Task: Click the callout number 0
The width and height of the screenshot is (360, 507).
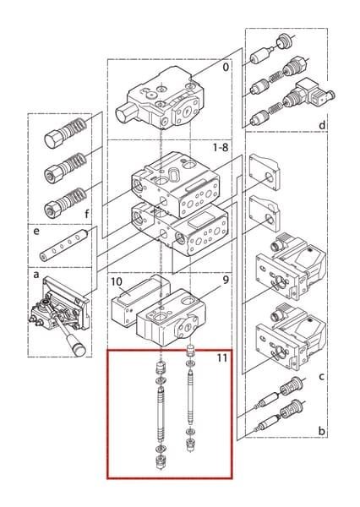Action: coord(226,68)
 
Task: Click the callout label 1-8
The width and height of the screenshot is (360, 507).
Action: coord(221,148)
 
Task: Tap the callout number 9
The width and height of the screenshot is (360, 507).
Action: coord(226,280)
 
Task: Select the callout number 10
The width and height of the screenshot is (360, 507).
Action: coord(116,281)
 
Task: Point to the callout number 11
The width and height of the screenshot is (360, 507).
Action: coord(222,358)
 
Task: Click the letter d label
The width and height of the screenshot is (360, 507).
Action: coord(322,125)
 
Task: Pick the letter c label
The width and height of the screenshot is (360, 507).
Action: coord(321,377)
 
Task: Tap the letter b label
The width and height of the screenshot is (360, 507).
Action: coord(321,431)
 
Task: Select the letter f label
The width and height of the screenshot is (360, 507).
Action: coord(87,214)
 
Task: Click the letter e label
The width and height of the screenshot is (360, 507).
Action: coord(36,232)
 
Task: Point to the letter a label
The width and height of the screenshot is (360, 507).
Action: coord(35,275)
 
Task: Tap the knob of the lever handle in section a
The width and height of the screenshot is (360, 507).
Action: coord(79,349)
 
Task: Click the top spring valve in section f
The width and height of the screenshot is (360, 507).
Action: coord(66,133)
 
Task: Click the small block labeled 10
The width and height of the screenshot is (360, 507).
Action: coord(140,299)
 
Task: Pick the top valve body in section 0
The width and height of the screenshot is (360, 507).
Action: coord(160,98)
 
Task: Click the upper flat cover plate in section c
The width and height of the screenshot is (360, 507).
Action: coord(264,172)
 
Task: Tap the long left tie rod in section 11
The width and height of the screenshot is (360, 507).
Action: coord(161,416)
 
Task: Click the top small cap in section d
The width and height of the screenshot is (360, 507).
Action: coord(283,41)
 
